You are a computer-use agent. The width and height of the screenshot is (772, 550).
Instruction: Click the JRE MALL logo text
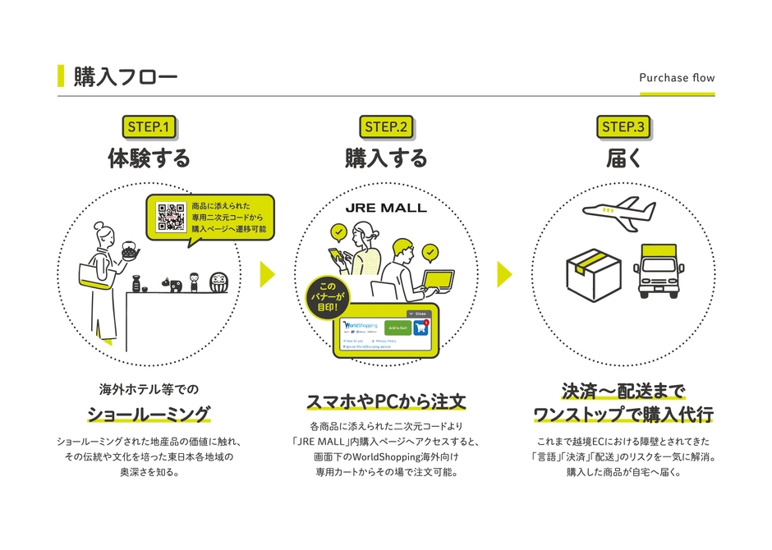386,208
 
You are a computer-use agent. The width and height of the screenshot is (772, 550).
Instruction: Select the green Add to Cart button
398,327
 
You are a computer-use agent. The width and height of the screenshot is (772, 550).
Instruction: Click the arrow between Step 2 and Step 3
504,274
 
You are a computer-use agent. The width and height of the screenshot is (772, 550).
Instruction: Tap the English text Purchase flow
677,78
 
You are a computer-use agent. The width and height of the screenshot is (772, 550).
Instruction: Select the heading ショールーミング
149,413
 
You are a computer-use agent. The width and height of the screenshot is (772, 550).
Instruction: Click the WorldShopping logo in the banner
360,325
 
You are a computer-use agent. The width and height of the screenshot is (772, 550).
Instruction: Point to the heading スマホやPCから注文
386,402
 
